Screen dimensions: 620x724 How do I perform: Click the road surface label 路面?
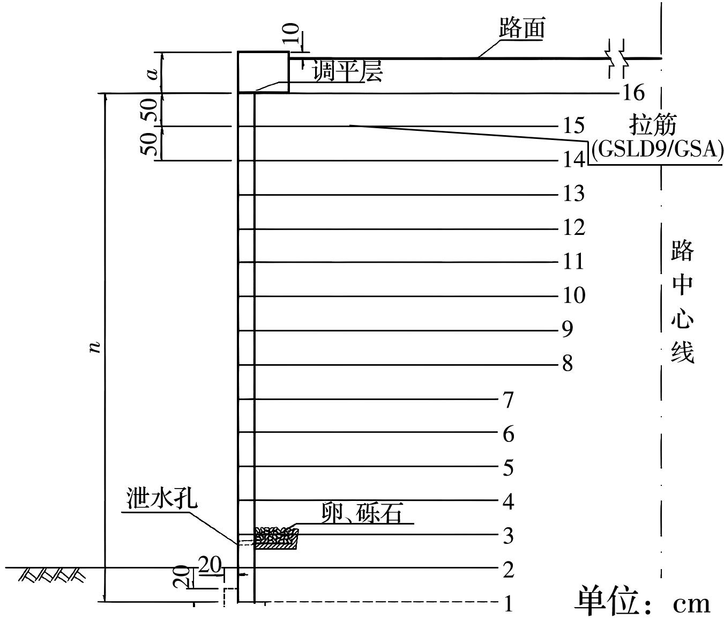(x=521, y=28)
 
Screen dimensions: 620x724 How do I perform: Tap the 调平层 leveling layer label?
(x=348, y=72)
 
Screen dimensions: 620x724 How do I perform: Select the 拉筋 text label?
(x=652, y=125)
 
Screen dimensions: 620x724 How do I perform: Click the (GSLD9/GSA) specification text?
(x=656, y=149)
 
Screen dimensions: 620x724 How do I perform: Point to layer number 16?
(x=633, y=93)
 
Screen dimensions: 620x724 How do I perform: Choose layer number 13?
(x=573, y=193)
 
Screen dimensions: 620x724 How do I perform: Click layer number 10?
(x=573, y=295)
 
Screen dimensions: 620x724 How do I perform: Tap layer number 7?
(x=508, y=400)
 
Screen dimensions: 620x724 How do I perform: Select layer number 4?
(x=508, y=501)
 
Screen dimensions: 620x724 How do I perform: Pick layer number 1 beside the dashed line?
(x=508, y=604)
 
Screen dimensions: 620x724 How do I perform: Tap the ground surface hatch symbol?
(x=53, y=575)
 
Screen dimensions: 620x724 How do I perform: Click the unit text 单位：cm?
(x=643, y=602)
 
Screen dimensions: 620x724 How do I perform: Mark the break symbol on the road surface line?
(x=616, y=58)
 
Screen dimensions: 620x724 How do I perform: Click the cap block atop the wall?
(x=263, y=72)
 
